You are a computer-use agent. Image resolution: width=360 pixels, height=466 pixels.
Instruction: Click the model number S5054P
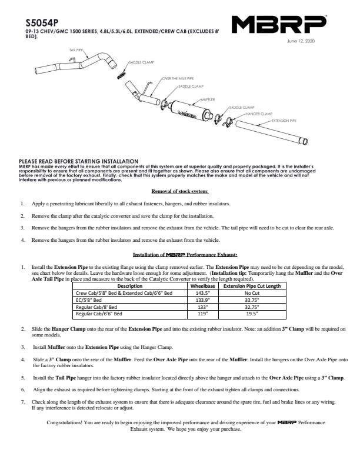[38, 18]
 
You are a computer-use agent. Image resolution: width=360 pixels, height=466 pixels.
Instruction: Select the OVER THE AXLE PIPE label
[177, 78]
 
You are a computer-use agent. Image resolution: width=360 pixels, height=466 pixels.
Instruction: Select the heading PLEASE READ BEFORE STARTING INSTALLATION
[79, 161]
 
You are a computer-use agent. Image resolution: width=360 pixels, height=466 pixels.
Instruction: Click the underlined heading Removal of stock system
[180, 191]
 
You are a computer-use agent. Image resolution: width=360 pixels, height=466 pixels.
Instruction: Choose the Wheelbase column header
[203, 285]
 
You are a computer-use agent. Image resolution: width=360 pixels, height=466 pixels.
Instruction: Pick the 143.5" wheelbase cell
[203, 292]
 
